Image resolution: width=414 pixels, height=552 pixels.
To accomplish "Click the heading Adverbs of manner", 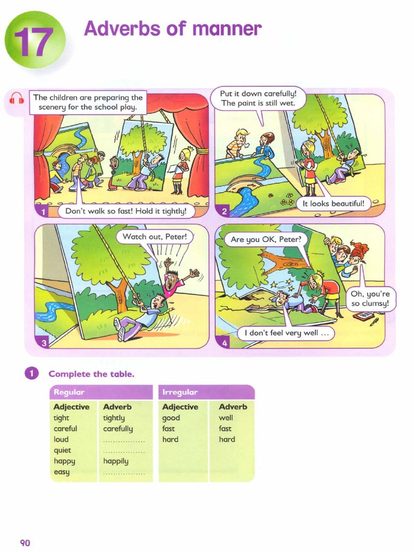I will pyautogui.click(x=172, y=29).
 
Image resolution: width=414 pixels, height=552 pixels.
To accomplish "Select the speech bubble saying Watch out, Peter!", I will pyautogui.click(x=154, y=237).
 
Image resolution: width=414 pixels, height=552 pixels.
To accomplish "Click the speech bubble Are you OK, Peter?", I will pyautogui.click(x=265, y=239).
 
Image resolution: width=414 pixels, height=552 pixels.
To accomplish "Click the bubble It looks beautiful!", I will pyautogui.click(x=334, y=204).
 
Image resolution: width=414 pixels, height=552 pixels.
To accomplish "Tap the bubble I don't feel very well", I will pyautogui.click(x=286, y=333).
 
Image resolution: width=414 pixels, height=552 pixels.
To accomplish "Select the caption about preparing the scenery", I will pyautogui.click(x=88, y=102).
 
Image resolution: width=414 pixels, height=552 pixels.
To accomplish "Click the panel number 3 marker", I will pyautogui.click(x=43, y=342).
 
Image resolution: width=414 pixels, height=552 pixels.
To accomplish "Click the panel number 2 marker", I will pyautogui.click(x=224, y=211).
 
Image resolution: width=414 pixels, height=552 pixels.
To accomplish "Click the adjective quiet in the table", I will pyautogui.click(x=62, y=450).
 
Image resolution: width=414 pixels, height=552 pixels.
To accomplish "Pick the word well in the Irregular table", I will pyautogui.click(x=226, y=418).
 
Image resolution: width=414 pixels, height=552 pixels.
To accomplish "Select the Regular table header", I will pyautogui.click(x=101, y=392).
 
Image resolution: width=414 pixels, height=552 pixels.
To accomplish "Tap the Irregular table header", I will pyautogui.click(x=206, y=392).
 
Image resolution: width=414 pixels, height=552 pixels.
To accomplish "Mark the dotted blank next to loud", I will pyautogui.click(x=124, y=440).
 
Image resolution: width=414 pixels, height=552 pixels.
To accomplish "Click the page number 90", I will pyautogui.click(x=25, y=542).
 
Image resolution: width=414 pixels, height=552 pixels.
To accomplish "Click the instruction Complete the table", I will pyautogui.click(x=91, y=374).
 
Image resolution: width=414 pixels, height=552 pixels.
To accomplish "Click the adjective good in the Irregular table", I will pyautogui.click(x=171, y=418).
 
